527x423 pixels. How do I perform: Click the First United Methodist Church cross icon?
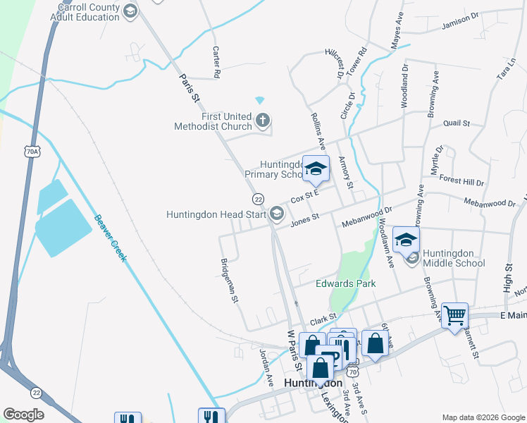click(x=263, y=121)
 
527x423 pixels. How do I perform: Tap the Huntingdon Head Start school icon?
click(x=277, y=214)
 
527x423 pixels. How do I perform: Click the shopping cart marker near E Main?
click(x=454, y=316)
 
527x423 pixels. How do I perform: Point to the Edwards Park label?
click(x=345, y=283)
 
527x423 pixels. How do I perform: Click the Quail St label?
click(x=457, y=123)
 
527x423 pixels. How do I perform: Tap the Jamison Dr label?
click(x=460, y=26)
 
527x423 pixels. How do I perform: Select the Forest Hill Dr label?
click(x=461, y=181)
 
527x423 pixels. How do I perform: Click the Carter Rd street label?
click(x=217, y=63)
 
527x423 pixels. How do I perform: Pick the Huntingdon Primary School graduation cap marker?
click(x=316, y=169)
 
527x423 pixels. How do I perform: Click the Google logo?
click(x=24, y=415)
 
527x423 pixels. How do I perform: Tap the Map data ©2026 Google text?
click(x=483, y=417)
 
